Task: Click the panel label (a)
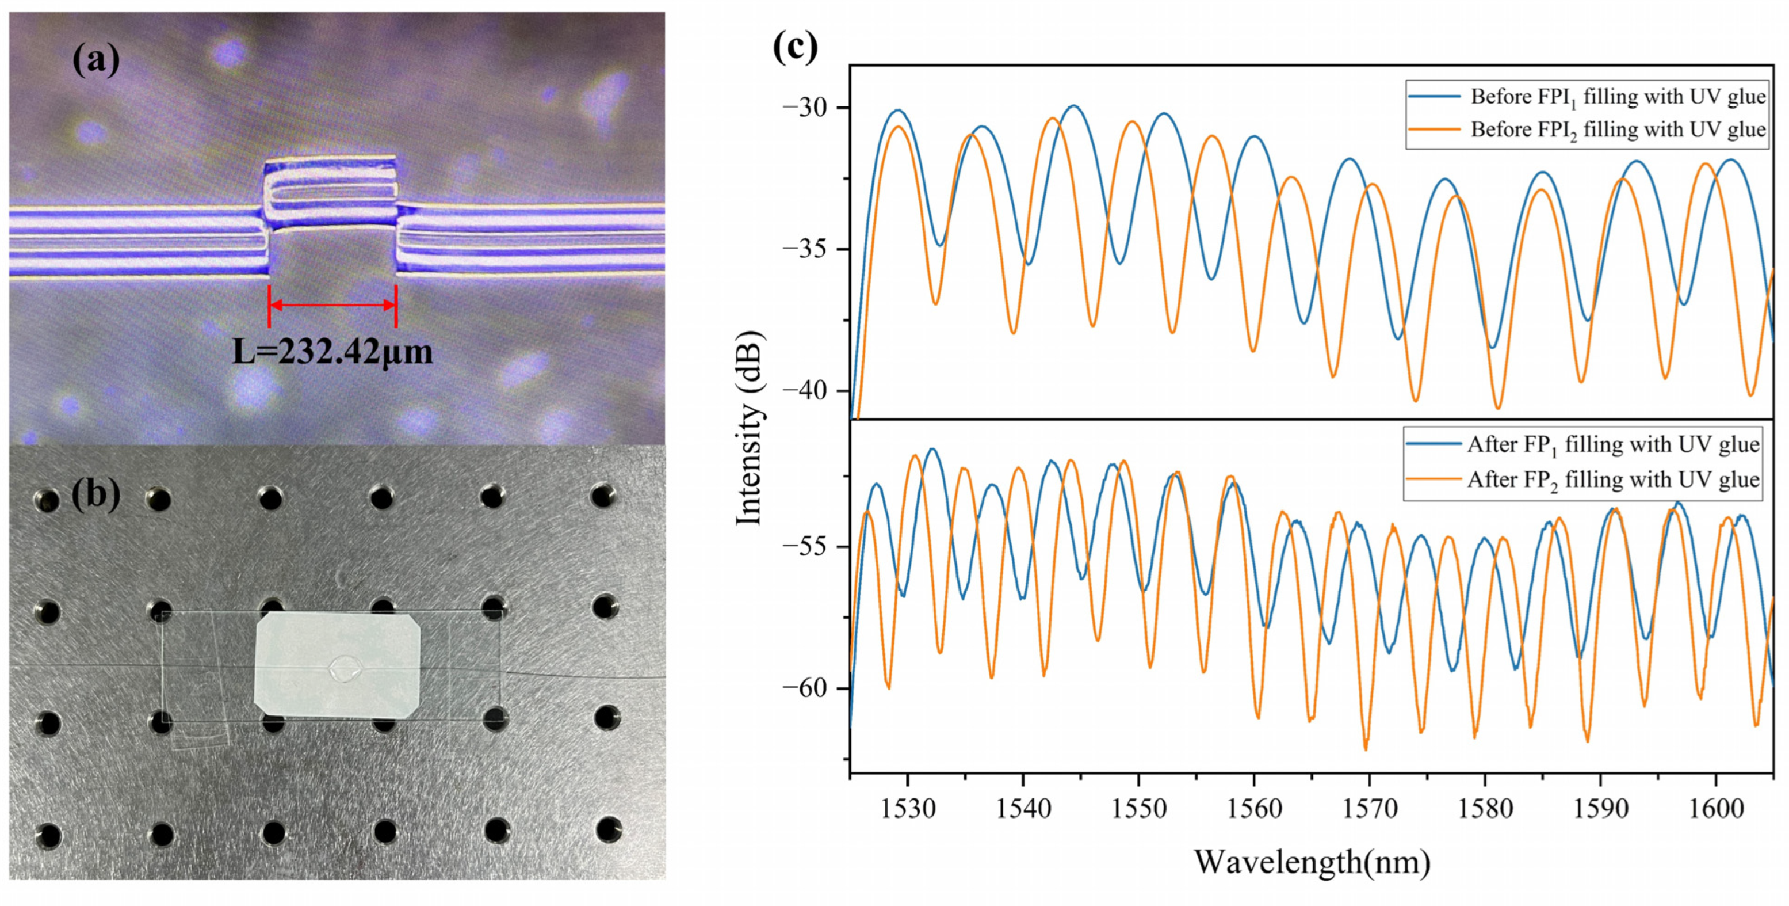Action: (96, 60)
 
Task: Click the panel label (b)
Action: (96, 494)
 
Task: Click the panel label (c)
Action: (795, 47)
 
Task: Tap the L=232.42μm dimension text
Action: (332, 352)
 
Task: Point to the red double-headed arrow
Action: (332, 305)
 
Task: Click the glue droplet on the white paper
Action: (345, 669)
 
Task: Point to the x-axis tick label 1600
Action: (1715, 809)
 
